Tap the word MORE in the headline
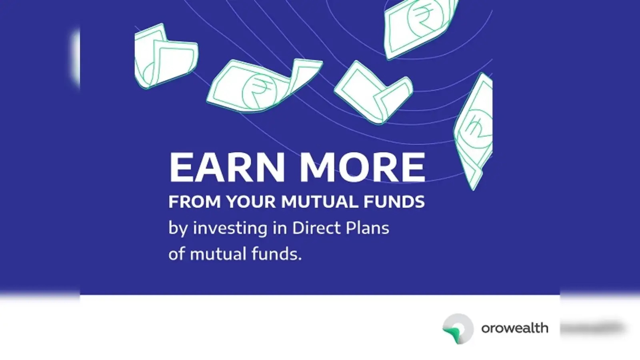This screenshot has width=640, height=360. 362,167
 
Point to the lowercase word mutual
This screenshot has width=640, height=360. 218,254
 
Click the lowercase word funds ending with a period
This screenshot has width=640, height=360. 277,254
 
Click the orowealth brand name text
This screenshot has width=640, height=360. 515,328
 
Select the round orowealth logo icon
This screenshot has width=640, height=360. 458,328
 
